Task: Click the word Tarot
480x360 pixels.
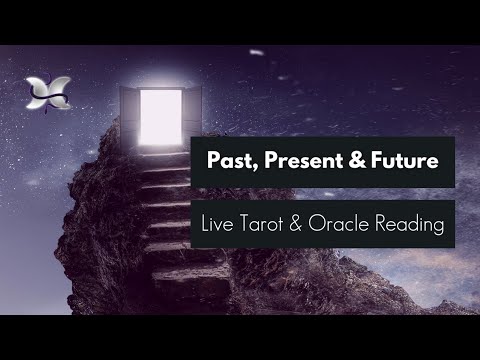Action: (x=272, y=223)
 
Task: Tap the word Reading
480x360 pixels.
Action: (x=413, y=224)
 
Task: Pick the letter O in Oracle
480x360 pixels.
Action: (x=326, y=223)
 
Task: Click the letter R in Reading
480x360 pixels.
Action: (x=383, y=223)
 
